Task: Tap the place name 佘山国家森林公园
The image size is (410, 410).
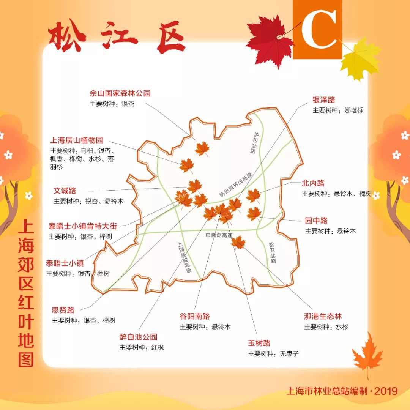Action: click(x=120, y=93)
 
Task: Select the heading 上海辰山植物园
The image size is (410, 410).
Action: click(x=77, y=140)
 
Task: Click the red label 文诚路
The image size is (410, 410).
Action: click(x=65, y=191)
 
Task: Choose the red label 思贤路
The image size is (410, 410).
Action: click(x=63, y=310)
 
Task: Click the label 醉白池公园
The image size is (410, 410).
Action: click(x=138, y=337)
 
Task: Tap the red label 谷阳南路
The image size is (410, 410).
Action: click(x=195, y=316)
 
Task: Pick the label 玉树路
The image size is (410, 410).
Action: click(x=259, y=343)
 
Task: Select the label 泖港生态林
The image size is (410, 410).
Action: click(x=323, y=316)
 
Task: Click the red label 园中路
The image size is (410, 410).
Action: click(x=316, y=221)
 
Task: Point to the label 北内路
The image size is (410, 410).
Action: click(x=313, y=183)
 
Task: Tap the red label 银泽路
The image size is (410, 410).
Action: click(x=324, y=100)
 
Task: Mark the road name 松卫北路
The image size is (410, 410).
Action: click(x=272, y=252)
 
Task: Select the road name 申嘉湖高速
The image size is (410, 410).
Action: click(x=219, y=235)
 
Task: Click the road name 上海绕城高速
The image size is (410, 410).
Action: click(x=184, y=258)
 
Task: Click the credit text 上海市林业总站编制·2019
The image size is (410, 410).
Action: click(x=342, y=391)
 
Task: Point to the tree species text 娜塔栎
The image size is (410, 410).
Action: click(x=354, y=110)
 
